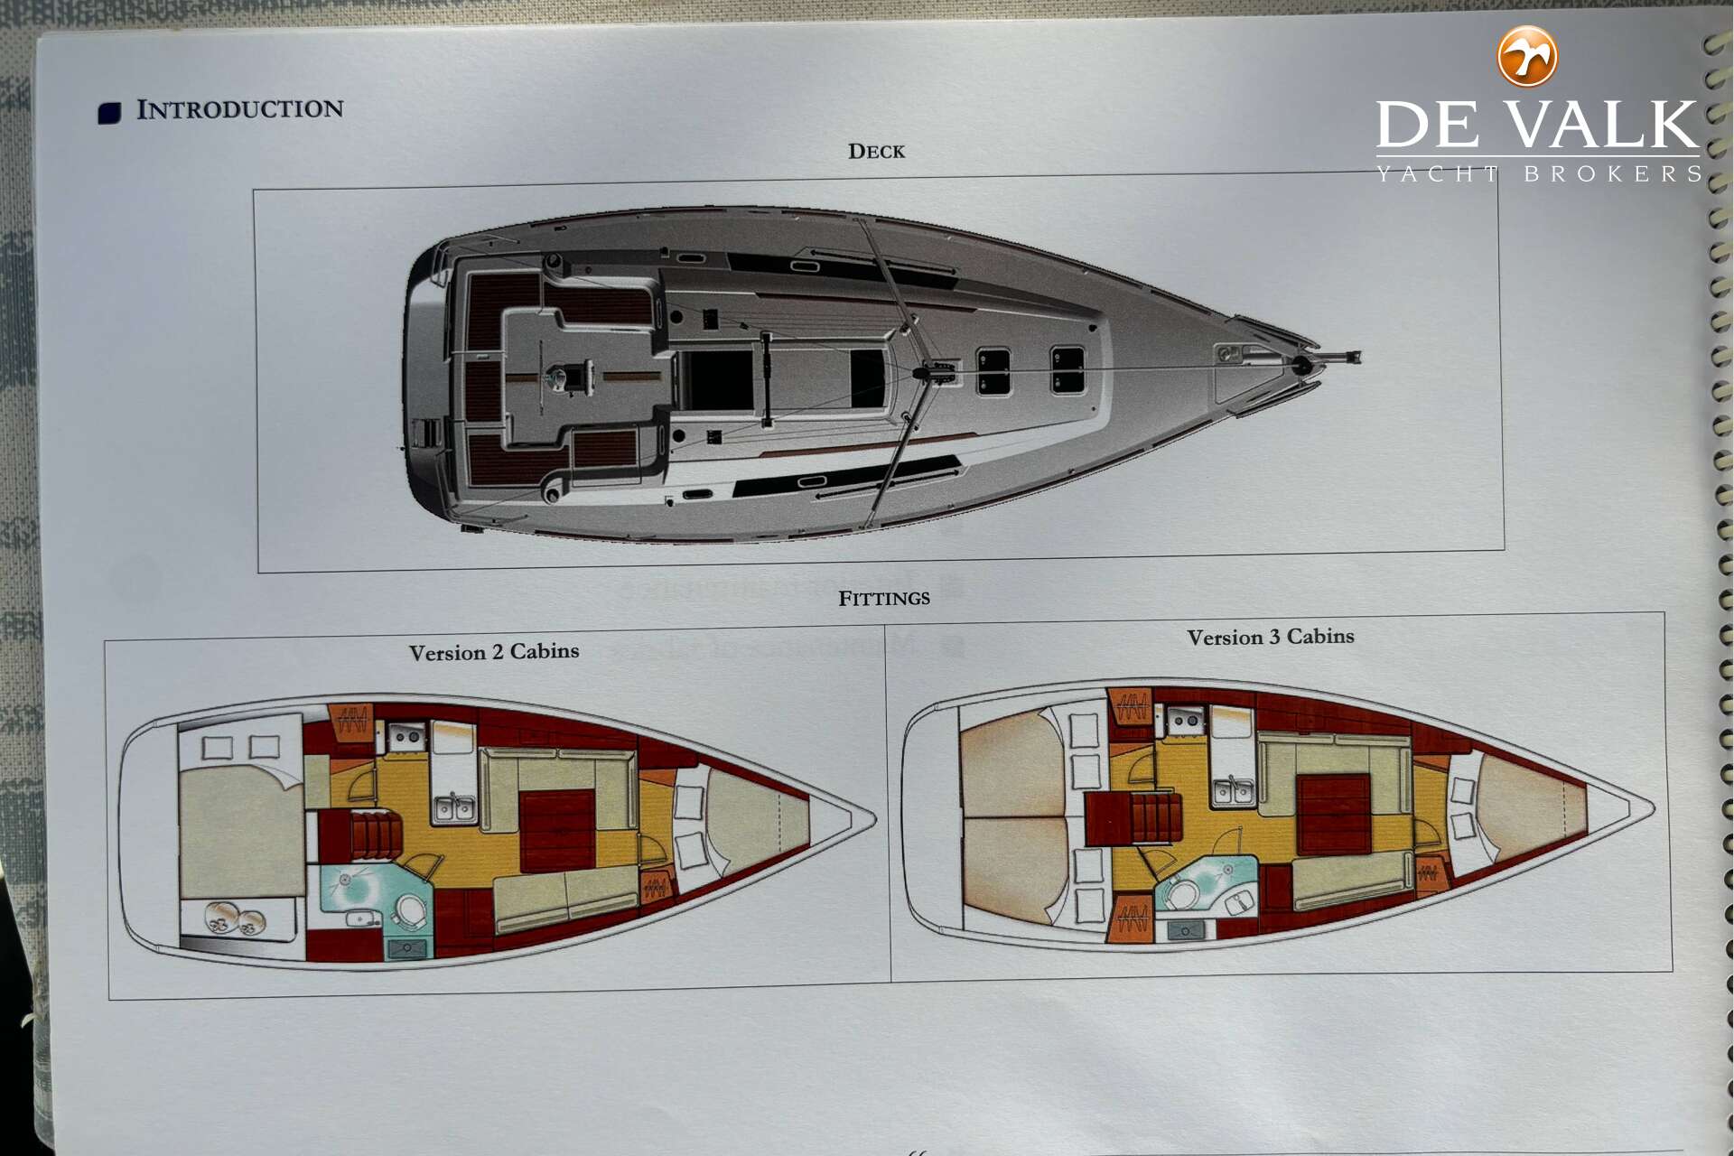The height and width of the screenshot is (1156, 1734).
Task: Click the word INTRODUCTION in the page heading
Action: pyautogui.click(x=240, y=109)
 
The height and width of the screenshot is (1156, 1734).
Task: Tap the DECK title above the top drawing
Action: pyautogui.click(x=876, y=151)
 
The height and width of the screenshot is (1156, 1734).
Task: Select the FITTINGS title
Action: pyautogui.click(x=884, y=598)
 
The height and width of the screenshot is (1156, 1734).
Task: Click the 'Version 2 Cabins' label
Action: pyautogui.click(x=494, y=651)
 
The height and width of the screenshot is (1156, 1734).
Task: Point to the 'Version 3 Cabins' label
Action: pyautogui.click(x=1271, y=637)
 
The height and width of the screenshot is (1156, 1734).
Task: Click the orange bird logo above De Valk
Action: pyautogui.click(x=1527, y=56)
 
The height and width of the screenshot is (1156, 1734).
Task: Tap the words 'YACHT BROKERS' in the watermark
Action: pyautogui.click(x=1539, y=173)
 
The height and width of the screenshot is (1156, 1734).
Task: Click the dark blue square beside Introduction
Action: pyautogui.click(x=109, y=113)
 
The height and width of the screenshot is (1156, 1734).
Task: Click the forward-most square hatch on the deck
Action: pyautogui.click(x=1067, y=369)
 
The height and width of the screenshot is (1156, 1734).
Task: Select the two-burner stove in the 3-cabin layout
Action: pyautogui.click(x=1184, y=720)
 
